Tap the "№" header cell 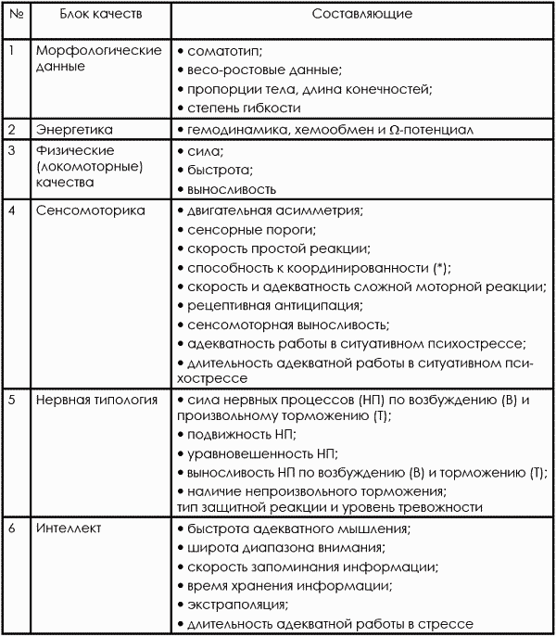coord(15,15)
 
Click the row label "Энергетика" coord(69,130)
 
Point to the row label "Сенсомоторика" coord(91,210)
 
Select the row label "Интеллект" coord(69,529)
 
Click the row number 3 coord(12,150)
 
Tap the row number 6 coord(12,529)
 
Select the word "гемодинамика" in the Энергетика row coord(228,130)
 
